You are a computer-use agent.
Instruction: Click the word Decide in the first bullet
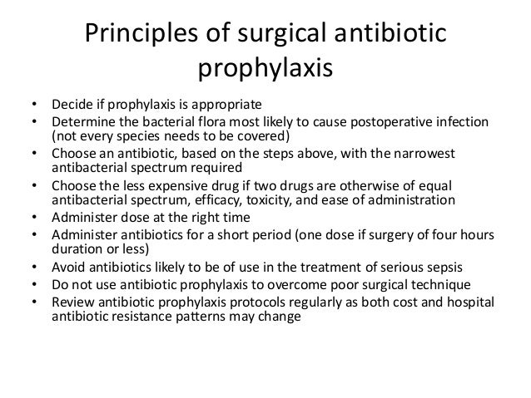tap(71, 106)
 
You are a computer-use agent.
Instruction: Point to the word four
tap(457, 235)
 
